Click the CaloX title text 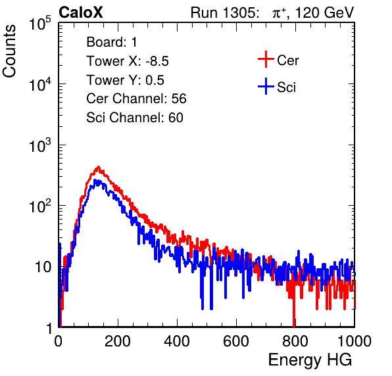pos(80,12)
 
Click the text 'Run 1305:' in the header pos(225,12)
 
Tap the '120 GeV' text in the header pos(324,12)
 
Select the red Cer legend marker pos(266,59)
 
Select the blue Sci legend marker pos(266,86)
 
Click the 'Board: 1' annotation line pos(112,42)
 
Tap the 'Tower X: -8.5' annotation pos(128,61)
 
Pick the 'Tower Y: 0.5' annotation pos(125,80)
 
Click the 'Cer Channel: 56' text pos(136,99)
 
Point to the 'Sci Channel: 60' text pos(135,118)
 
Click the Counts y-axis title pos(9,51)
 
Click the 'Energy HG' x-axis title pos(310,360)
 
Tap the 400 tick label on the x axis pos(177,341)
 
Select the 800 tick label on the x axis pos(295,341)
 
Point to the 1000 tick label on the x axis pos(355,341)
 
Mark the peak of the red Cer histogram pos(99,167)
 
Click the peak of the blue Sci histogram pos(95,180)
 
